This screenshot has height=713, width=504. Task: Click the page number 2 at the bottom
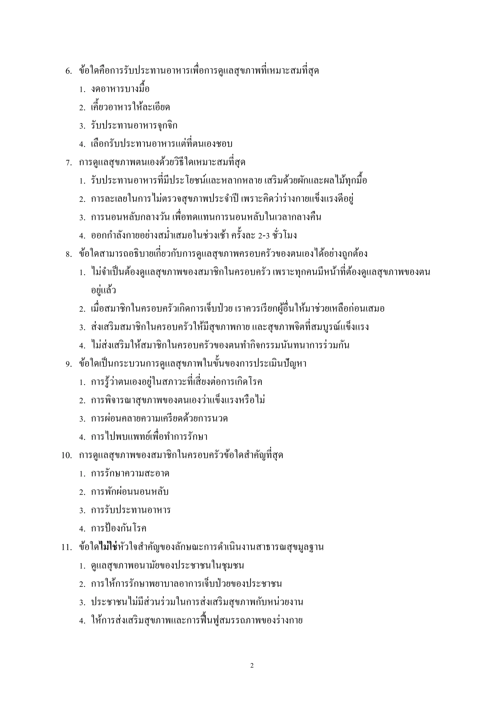click(x=252, y=665)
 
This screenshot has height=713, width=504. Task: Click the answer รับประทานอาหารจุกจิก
click(x=134, y=126)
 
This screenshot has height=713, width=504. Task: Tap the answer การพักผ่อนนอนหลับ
click(x=130, y=492)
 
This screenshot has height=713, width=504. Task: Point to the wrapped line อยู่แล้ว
click(x=103, y=291)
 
